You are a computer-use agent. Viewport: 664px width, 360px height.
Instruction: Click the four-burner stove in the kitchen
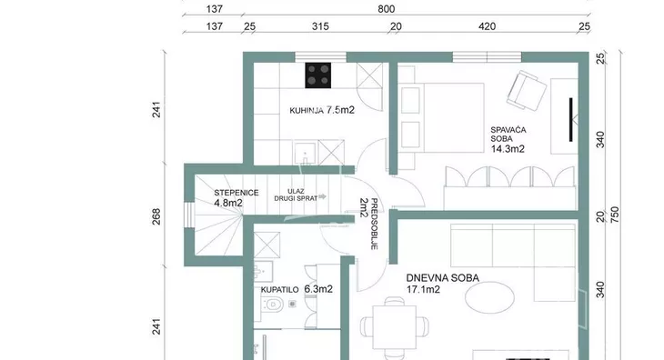pos(318,75)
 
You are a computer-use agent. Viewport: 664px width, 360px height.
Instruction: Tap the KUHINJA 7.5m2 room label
pos(322,110)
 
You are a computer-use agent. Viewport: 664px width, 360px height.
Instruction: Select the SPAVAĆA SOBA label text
pos(508,135)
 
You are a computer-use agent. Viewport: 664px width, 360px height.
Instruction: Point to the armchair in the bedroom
pos(527,91)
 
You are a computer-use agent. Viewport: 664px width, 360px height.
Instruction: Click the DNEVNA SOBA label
pos(443,278)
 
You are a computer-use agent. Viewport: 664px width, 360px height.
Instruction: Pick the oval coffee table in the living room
pos(489,297)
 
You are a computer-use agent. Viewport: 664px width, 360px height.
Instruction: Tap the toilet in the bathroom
pos(272,304)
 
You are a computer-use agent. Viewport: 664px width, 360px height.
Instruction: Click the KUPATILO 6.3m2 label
pos(297,289)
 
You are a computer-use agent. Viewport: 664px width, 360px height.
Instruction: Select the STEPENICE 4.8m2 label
pos(236,197)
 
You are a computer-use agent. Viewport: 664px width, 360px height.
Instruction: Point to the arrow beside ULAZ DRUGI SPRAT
pos(322,196)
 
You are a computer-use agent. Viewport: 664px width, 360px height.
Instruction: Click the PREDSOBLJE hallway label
pos(374,224)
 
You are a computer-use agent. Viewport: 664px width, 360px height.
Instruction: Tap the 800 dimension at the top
pos(387,9)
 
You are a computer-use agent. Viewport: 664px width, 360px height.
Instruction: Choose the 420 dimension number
pos(487,26)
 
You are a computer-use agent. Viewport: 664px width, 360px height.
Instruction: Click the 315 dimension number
pos(320,26)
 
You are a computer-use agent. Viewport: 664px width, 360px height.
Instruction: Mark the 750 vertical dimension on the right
pos(615,215)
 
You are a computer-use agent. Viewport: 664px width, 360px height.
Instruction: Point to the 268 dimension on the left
pos(156,216)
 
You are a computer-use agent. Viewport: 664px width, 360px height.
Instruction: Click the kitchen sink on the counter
pos(305,153)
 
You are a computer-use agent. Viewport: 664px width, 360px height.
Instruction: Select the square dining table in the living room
pos(394,327)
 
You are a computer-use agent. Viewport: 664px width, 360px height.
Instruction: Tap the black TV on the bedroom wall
pos(571,120)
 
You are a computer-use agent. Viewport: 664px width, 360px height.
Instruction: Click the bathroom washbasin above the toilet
pos(263,270)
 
